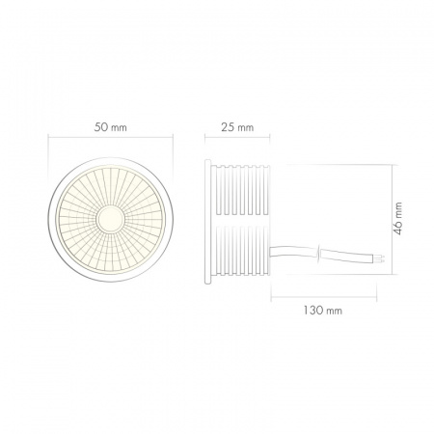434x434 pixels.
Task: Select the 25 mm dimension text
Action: tap(236, 127)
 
